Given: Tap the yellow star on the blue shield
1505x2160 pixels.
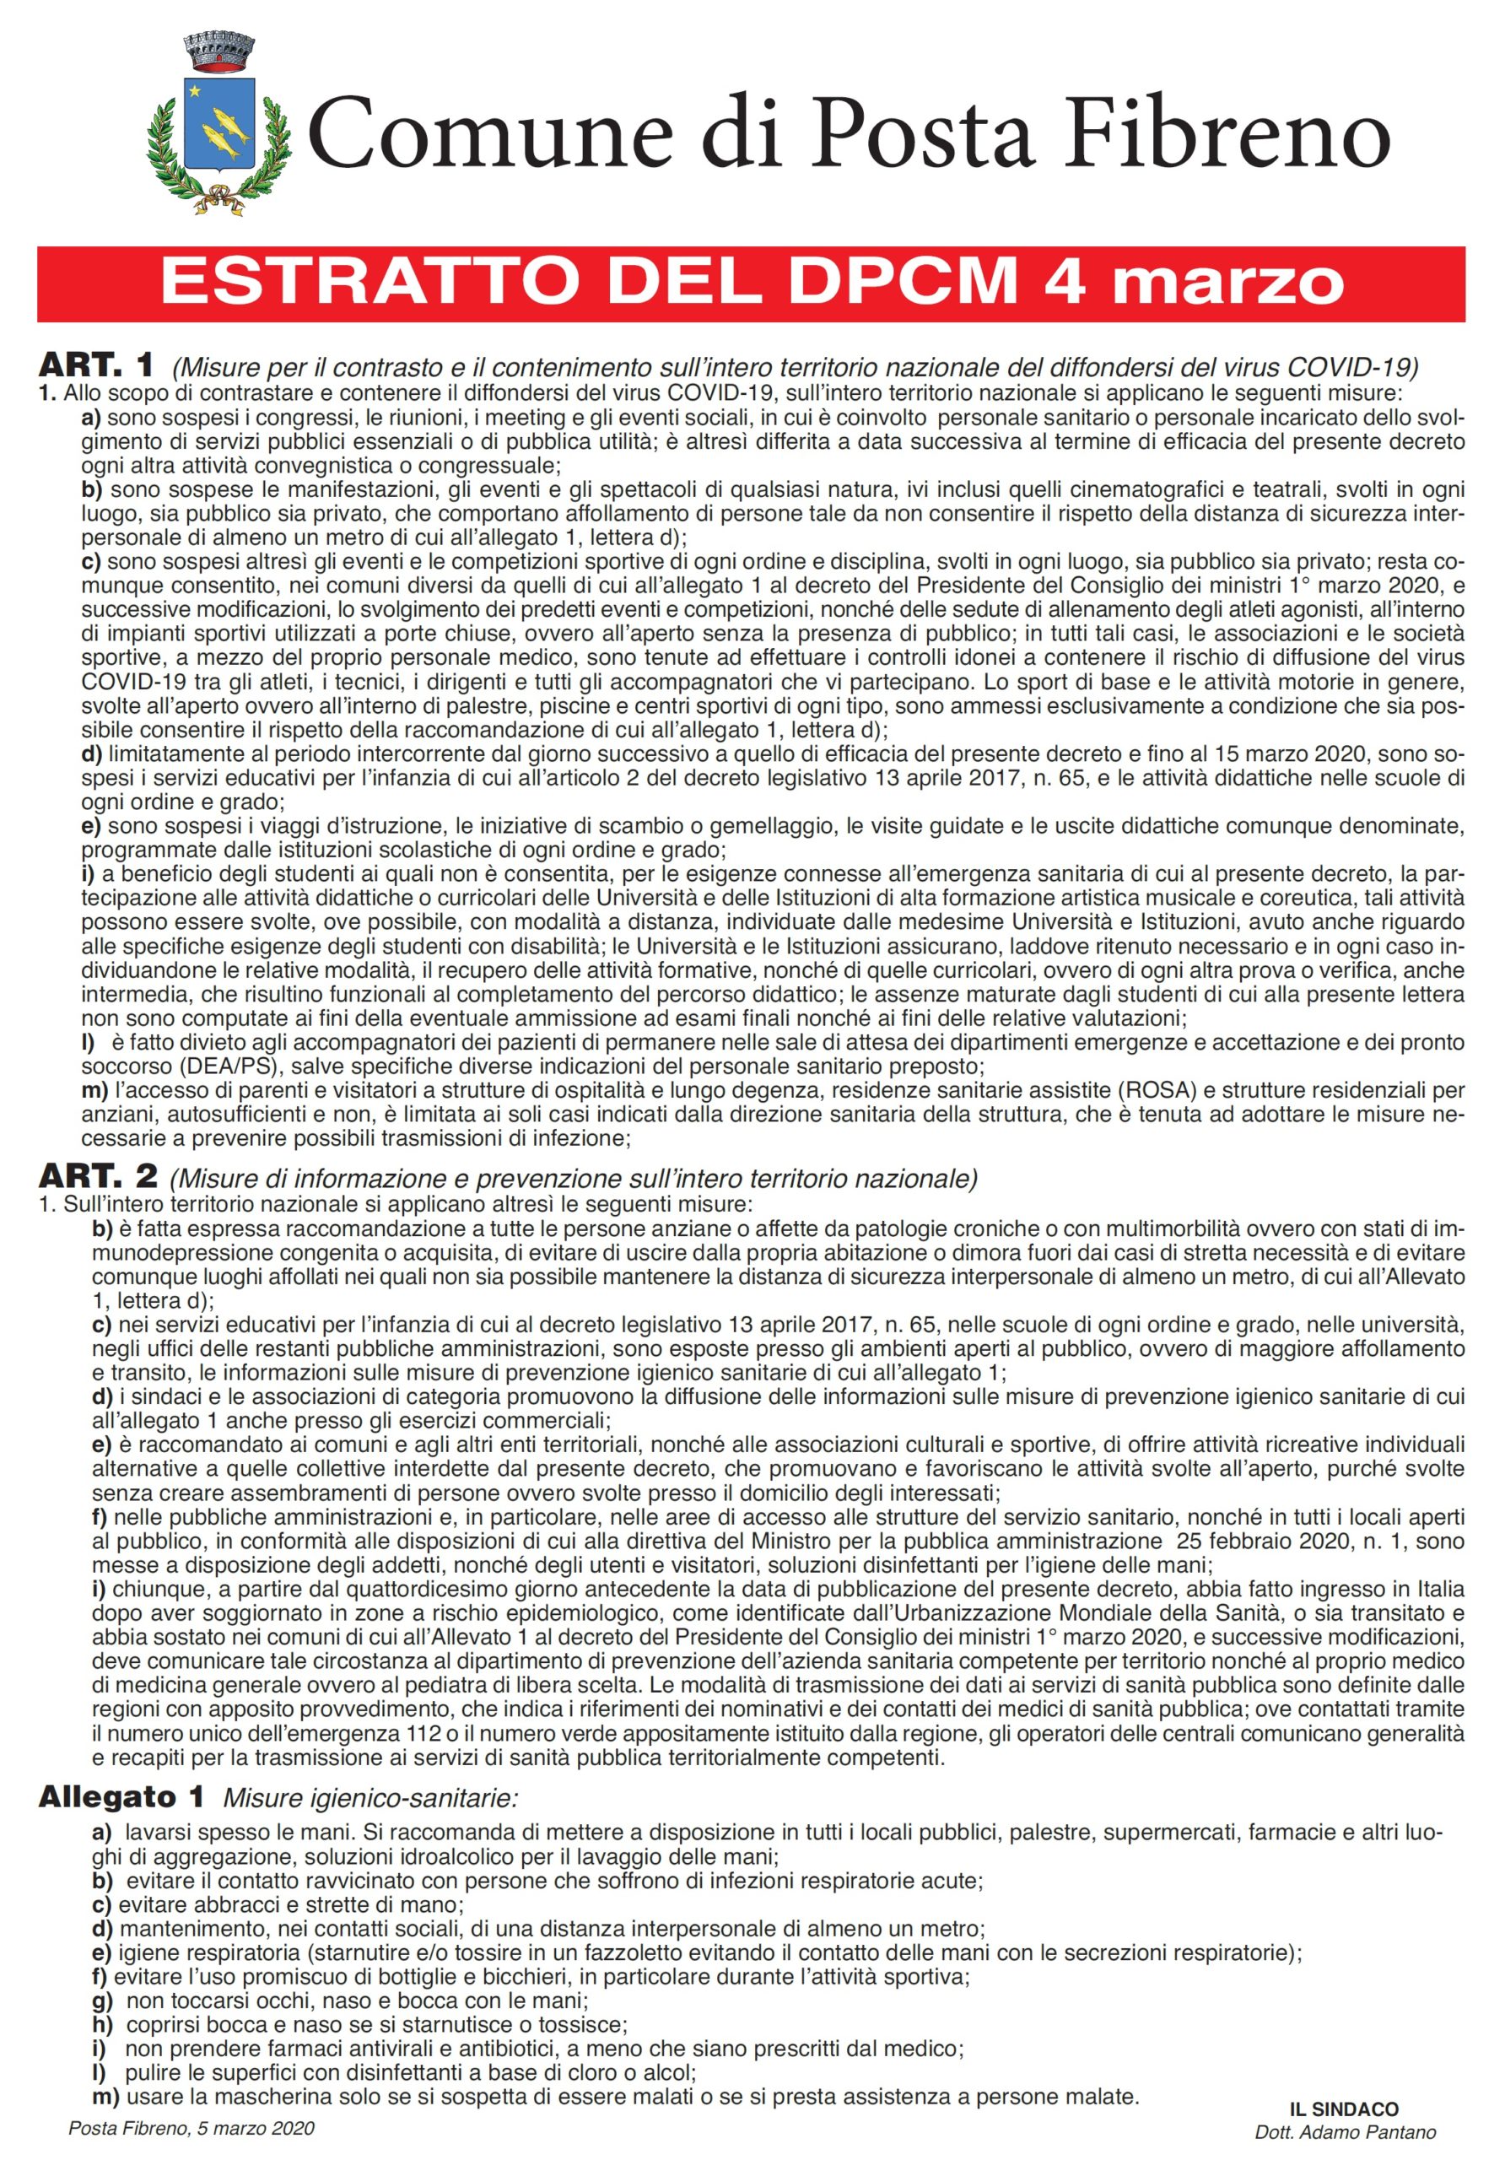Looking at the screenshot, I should click(196, 91).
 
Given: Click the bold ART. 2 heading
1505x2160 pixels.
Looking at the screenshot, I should click(97, 1176).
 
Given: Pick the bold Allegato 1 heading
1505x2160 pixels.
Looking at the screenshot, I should click(121, 1797).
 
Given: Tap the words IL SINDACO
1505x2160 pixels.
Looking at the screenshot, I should click(1343, 2110).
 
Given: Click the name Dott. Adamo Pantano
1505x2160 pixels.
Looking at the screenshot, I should click(1344, 2133).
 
